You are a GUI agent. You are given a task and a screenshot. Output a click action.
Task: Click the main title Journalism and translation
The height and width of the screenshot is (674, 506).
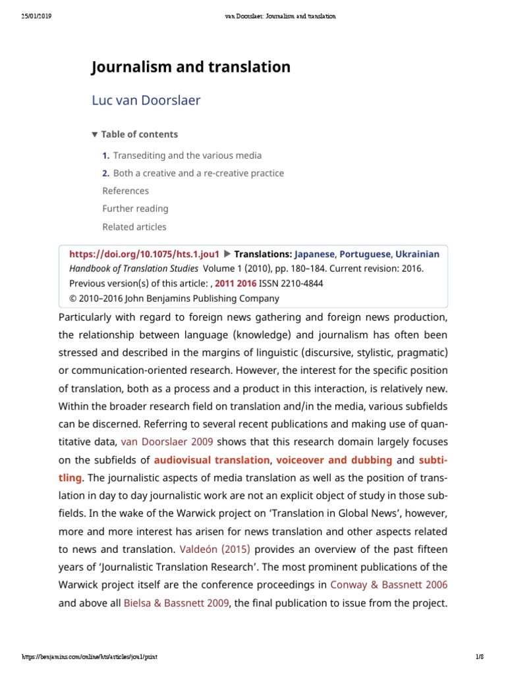(x=190, y=67)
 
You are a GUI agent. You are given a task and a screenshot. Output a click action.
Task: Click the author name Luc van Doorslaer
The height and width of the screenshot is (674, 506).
(x=146, y=101)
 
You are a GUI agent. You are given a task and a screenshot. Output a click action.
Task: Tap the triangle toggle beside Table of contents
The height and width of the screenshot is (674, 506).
(x=95, y=134)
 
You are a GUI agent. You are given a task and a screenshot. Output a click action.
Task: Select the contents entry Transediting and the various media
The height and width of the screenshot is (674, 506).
(x=187, y=155)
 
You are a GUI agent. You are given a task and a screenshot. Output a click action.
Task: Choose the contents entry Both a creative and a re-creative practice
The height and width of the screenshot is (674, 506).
(x=198, y=173)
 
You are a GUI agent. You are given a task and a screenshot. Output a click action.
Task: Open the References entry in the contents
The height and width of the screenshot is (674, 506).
(x=126, y=191)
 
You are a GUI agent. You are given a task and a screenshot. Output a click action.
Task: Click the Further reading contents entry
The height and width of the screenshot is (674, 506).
(x=135, y=209)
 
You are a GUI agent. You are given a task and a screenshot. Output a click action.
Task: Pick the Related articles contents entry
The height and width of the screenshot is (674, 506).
(x=134, y=227)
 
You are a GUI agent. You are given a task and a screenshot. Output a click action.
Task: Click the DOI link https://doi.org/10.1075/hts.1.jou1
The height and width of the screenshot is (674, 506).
(x=144, y=253)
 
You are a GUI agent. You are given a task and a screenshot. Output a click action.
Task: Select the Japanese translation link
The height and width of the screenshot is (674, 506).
(x=314, y=253)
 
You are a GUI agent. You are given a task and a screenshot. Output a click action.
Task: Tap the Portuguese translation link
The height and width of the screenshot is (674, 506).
(x=365, y=253)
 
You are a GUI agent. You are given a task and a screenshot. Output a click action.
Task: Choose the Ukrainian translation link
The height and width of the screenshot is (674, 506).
(x=417, y=253)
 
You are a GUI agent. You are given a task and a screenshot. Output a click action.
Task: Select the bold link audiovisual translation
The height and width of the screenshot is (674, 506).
(x=211, y=459)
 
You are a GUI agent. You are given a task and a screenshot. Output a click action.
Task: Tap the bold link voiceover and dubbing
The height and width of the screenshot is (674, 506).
(x=334, y=459)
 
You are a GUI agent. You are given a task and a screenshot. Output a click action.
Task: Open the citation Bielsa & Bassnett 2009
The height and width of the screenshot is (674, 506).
(x=177, y=602)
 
